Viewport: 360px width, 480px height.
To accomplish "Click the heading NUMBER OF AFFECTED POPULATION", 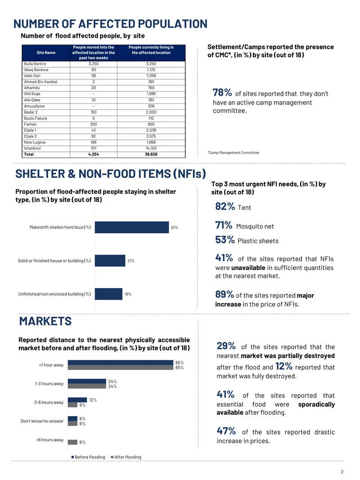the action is pyautogui.click(x=110, y=24).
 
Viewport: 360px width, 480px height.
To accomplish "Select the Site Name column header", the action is pyautogui.click(x=46, y=53).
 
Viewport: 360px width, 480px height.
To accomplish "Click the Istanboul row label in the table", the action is pyautogui.click(x=32, y=149).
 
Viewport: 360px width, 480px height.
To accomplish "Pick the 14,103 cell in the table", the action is pyautogui.click(x=151, y=149).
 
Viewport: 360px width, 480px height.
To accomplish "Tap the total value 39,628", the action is pyautogui.click(x=151, y=154).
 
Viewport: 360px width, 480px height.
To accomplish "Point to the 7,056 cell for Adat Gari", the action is pyautogui.click(x=151, y=76).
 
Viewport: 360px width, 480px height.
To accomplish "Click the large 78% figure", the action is pyautogui.click(x=222, y=92).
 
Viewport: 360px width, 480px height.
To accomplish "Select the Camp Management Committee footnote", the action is pyautogui.click(x=234, y=153).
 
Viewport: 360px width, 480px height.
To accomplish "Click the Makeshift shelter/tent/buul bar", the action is pyautogui.click(x=132, y=227).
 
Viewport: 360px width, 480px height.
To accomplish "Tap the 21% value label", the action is pyautogui.click(x=131, y=261).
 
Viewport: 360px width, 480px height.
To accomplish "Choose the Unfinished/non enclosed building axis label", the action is pyautogui.click(x=54, y=294).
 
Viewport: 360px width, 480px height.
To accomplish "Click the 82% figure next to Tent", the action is pyautogui.click(x=225, y=207).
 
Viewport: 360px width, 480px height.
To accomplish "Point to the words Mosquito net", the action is pyautogui.click(x=255, y=226).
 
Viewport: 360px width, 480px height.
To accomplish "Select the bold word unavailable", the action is pyautogui.click(x=248, y=268).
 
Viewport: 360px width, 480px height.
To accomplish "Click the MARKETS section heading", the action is pyautogui.click(x=45, y=322).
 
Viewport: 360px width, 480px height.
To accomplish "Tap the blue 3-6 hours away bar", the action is pyautogui.click(x=77, y=400).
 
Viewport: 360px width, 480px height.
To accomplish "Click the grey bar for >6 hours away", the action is pyautogui.click(x=72, y=442).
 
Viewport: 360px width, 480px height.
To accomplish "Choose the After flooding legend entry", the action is pyautogui.click(x=126, y=457).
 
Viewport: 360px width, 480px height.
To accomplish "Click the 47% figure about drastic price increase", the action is pyautogui.click(x=226, y=431).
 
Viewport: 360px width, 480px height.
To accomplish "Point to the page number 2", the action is pyautogui.click(x=342, y=472).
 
